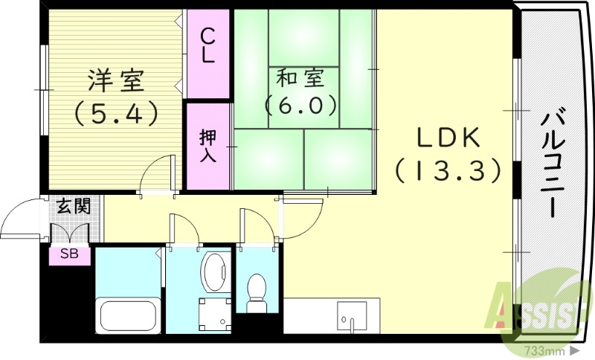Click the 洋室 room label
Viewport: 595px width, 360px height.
[x=116, y=80]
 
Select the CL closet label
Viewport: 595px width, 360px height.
[x=208, y=46]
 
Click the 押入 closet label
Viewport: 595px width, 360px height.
[x=208, y=147]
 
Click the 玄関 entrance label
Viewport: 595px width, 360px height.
[x=72, y=206]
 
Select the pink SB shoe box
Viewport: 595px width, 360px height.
[x=69, y=255]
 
